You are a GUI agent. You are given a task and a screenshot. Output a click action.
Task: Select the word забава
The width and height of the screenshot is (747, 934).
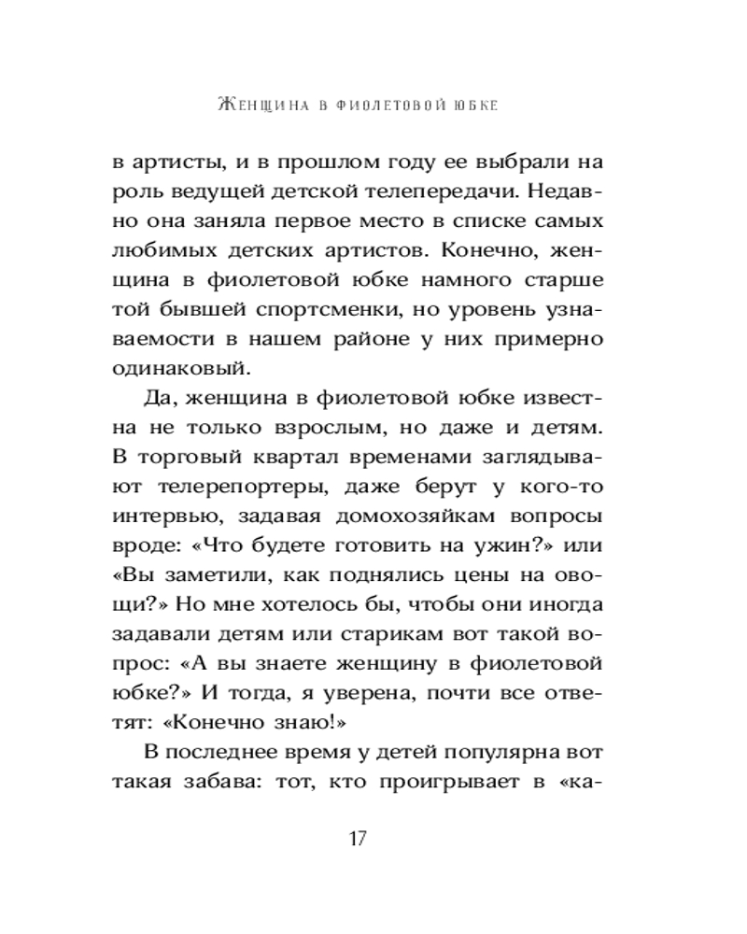point(229,782)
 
